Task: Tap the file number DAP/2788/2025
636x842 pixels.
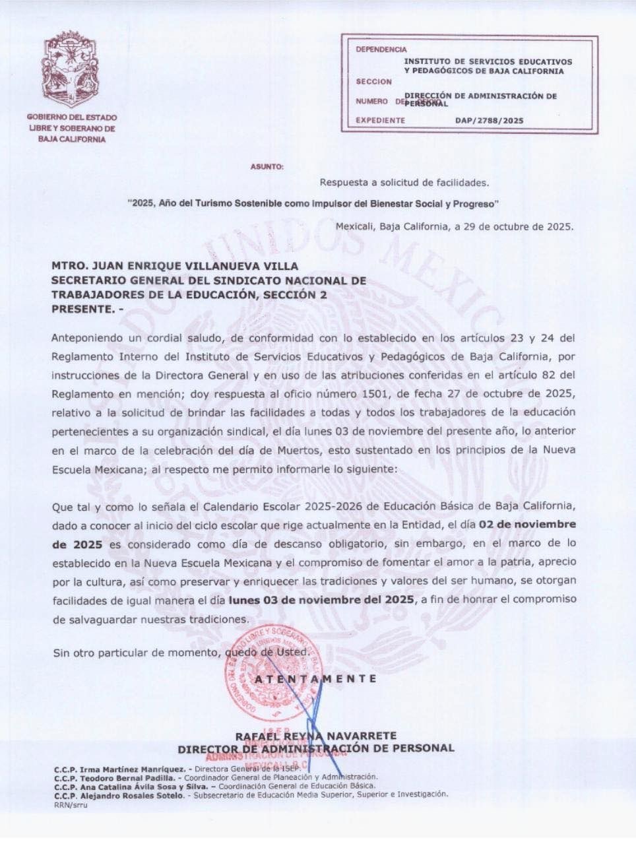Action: (489, 121)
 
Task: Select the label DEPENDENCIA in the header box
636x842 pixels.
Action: (381, 49)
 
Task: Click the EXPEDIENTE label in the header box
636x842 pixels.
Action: (380, 121)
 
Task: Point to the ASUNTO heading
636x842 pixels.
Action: (267, 167)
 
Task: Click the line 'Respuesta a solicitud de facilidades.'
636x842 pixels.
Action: (404, 182)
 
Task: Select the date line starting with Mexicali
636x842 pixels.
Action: (455, 226)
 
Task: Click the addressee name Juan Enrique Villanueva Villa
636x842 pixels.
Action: (175, 266)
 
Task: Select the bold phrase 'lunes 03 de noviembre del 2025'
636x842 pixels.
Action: (321, 599)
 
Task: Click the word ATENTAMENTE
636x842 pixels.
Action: (316, 678)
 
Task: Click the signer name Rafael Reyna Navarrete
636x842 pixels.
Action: (315, 736)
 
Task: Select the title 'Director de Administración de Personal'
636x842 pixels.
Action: (315, 748)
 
